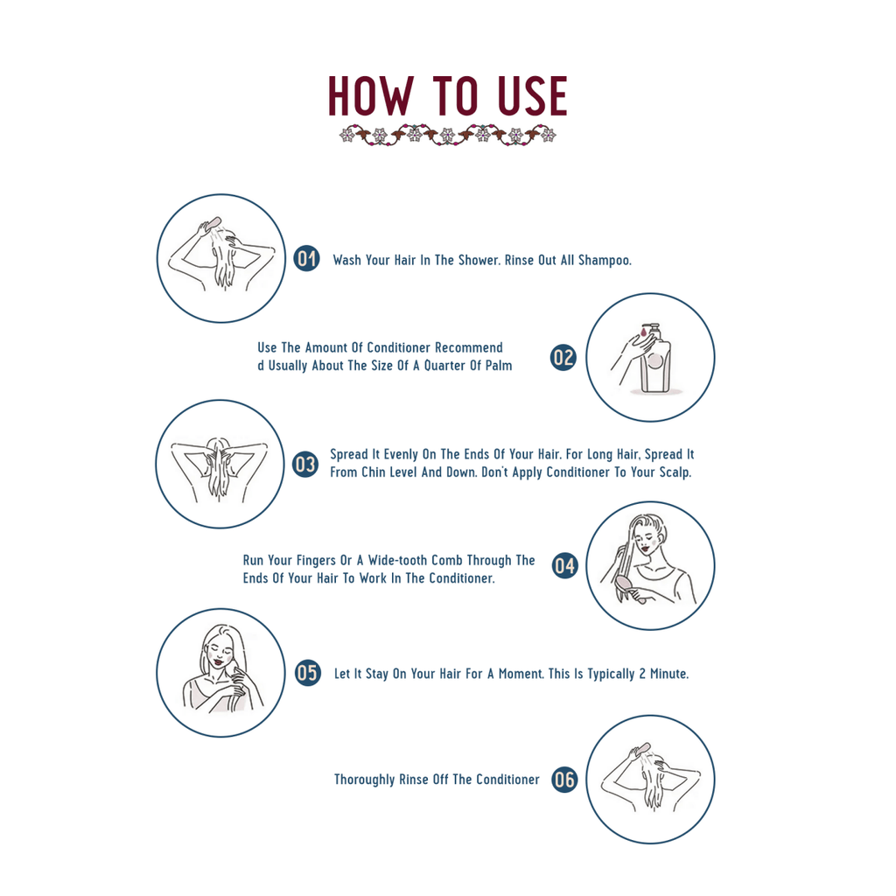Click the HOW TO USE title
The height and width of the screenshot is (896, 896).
click(x=447, y=97)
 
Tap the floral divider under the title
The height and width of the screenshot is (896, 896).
click(x=447, y=135)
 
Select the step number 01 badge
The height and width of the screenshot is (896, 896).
click(x=306, y=258)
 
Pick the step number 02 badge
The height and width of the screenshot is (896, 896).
click(x=563, y=357)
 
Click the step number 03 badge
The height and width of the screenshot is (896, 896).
click(x=304, y=464)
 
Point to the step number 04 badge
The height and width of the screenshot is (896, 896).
click(x=564, y=566)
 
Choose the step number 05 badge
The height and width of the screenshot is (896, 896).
click(x=307, y=673)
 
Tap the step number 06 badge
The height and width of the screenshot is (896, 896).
click(x=564, y=780)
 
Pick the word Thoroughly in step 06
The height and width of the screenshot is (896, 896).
click(x=364, y=780)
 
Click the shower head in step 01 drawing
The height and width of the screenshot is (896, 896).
click(x=211, y=225)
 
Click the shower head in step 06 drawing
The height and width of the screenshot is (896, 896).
click(x=641, y=750)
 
